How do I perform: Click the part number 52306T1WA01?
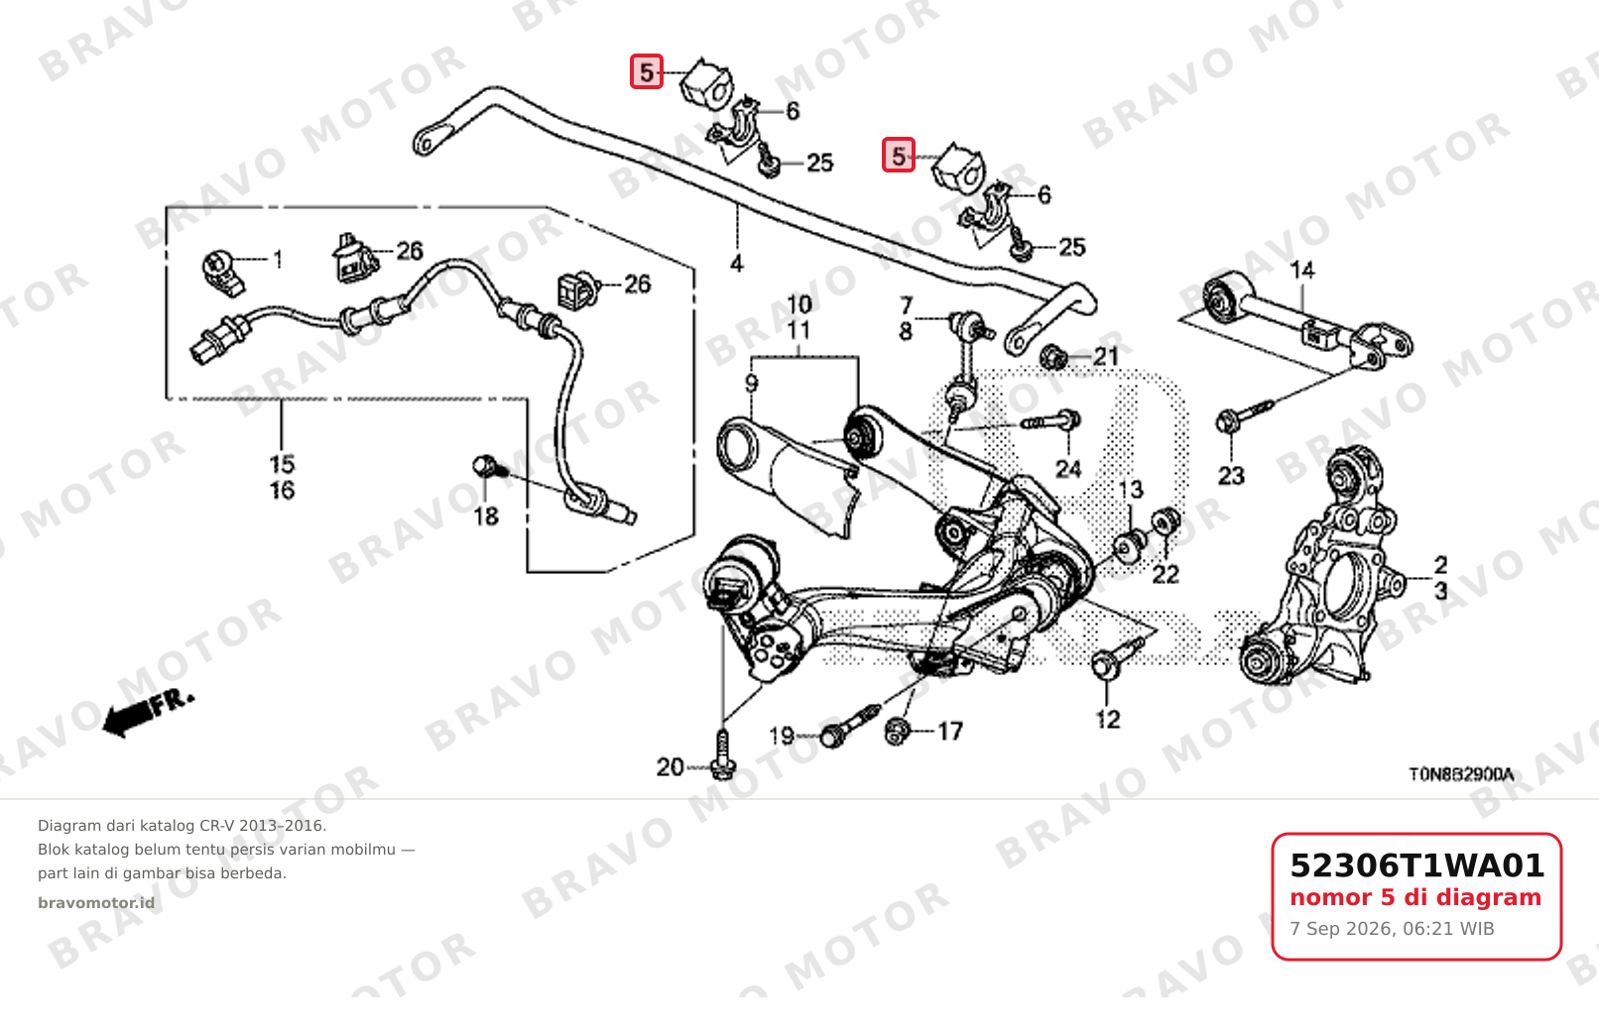point(1416,865)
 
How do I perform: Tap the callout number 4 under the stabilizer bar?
point(737,264)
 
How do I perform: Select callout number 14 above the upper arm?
point(1302,271)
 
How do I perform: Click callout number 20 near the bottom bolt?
point(671,767)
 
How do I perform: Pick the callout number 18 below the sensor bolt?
point(486,517)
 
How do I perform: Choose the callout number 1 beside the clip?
point(278,259)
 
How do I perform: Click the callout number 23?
point(1231,476)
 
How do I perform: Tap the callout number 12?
point(1108,720)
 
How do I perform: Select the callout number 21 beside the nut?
point(1106,357)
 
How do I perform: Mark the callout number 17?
point(950,731)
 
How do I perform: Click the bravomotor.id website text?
point(96,903)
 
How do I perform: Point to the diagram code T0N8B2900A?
point(1461,774)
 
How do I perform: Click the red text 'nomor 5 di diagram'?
point(1415,897)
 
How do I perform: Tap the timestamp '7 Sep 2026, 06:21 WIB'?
point(1392,929)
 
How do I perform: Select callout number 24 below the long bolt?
point(1068,469)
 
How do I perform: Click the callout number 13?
point(1131,490)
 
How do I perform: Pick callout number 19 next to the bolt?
point(782,736)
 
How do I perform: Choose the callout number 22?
point(1166,575)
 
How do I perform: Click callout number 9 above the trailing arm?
point(751,384)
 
